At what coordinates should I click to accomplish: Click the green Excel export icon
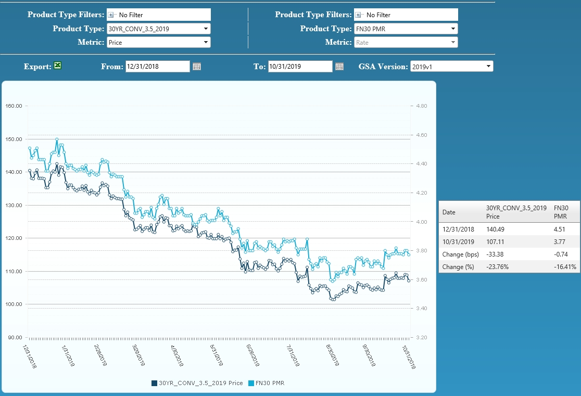[x=57, y=66]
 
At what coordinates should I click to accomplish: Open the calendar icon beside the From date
[x=197, y=67]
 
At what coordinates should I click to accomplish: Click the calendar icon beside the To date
[x=339, y=67]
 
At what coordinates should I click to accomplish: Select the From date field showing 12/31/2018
[x=157, y=66]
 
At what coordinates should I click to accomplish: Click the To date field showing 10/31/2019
[x=300, y=66]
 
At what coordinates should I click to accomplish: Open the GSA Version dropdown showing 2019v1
[x=452, y=66]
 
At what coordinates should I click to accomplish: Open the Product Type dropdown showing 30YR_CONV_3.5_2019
[x=159, y=29]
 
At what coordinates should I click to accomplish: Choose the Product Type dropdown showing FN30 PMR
[x=406, y=29]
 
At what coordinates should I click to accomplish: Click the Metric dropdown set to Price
[x=159, y=42]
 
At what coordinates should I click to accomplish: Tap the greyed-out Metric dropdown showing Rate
[x=406, y=42]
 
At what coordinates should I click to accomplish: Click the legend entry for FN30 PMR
[x=267, y=383]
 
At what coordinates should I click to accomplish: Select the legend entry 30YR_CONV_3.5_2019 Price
[x=197, y=383]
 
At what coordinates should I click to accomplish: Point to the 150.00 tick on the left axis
[x=14, y=139]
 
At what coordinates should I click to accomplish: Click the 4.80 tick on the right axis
[x=422, y=106]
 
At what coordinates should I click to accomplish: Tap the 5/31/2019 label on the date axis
[x=217, y=355]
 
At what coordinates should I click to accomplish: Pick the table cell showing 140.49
[x=495, y=229]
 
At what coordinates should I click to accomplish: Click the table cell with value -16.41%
[x=565, y=267]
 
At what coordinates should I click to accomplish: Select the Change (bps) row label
[x=461, y=254]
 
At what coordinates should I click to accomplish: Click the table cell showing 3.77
[x=560, y=242]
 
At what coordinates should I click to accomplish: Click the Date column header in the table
[x=449, y=212]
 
